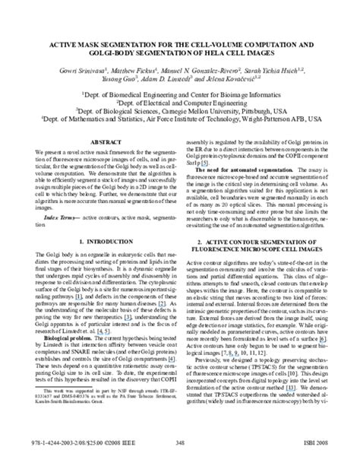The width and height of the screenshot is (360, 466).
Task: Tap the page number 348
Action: pos(179,450)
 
